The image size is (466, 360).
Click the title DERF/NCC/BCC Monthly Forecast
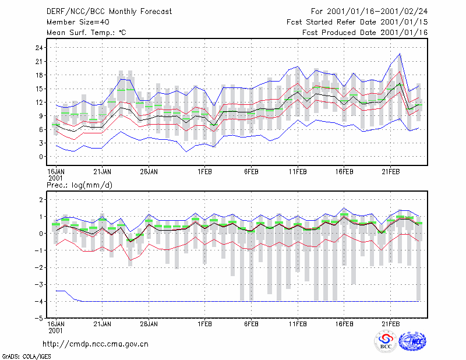coord(109,12)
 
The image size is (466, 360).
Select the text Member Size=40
coord(78,22)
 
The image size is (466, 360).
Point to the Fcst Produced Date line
coord(365,33)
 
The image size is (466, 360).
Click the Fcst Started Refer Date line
coord(357,22)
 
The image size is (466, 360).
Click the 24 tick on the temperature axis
coord(39,48)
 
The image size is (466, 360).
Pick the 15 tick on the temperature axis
coord(39,89)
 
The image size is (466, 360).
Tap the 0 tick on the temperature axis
coord(41,157)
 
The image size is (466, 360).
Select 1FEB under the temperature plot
coord(205,172)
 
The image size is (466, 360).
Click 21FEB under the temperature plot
coord(390,172)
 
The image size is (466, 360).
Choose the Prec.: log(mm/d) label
coord(79,185)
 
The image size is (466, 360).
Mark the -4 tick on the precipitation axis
coord(39,301)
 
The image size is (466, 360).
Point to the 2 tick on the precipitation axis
coord(41,199)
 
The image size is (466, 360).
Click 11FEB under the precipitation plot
coord(298,324)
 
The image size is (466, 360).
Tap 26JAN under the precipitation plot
coord(149,324)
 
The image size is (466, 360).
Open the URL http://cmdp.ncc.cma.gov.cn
coord(96,344)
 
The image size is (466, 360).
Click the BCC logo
coord(386,341)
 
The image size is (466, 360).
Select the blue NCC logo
coord(412,341)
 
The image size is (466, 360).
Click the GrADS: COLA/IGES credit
coord(26,357)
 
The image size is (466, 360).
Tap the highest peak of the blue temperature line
coord(400,54)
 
